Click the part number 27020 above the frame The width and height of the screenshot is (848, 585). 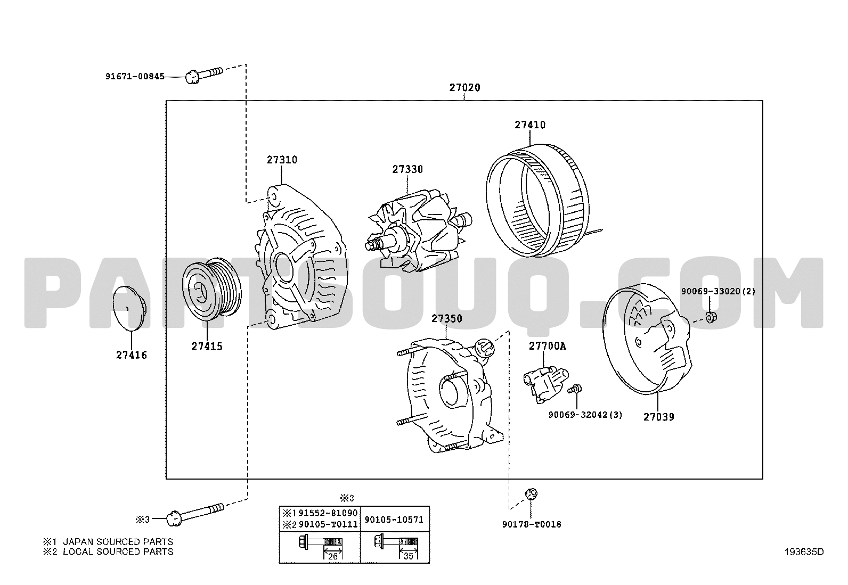[x=464, y=87]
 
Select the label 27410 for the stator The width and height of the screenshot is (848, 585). [x=530, y=125]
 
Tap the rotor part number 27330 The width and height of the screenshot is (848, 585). [x=407, y=169]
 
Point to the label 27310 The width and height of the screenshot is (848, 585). [x=282, y=160]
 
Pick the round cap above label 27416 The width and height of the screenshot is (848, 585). [x=129, y=308]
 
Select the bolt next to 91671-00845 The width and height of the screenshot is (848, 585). [x=203, y=75]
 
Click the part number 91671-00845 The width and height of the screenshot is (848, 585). [x=135, y=77]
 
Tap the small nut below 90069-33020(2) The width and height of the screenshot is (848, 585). [x=711, y=317]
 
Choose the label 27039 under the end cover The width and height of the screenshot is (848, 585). [x=659, y=417]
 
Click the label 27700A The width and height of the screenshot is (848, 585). [x=548, y=346]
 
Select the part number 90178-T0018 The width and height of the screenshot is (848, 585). [x=532, y=524]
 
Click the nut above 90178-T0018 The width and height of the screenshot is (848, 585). [x=531, y=494]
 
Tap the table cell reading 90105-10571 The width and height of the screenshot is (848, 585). [x=394, y=520]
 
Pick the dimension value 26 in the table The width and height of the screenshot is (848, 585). [x=333, y=557]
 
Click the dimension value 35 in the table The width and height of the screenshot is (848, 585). [x=409, y=557]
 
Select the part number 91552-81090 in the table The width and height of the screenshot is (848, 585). [x=328, y=513]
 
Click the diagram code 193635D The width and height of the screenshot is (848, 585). [x=804, y=552]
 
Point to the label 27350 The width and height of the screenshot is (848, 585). [x=447, y=319]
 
